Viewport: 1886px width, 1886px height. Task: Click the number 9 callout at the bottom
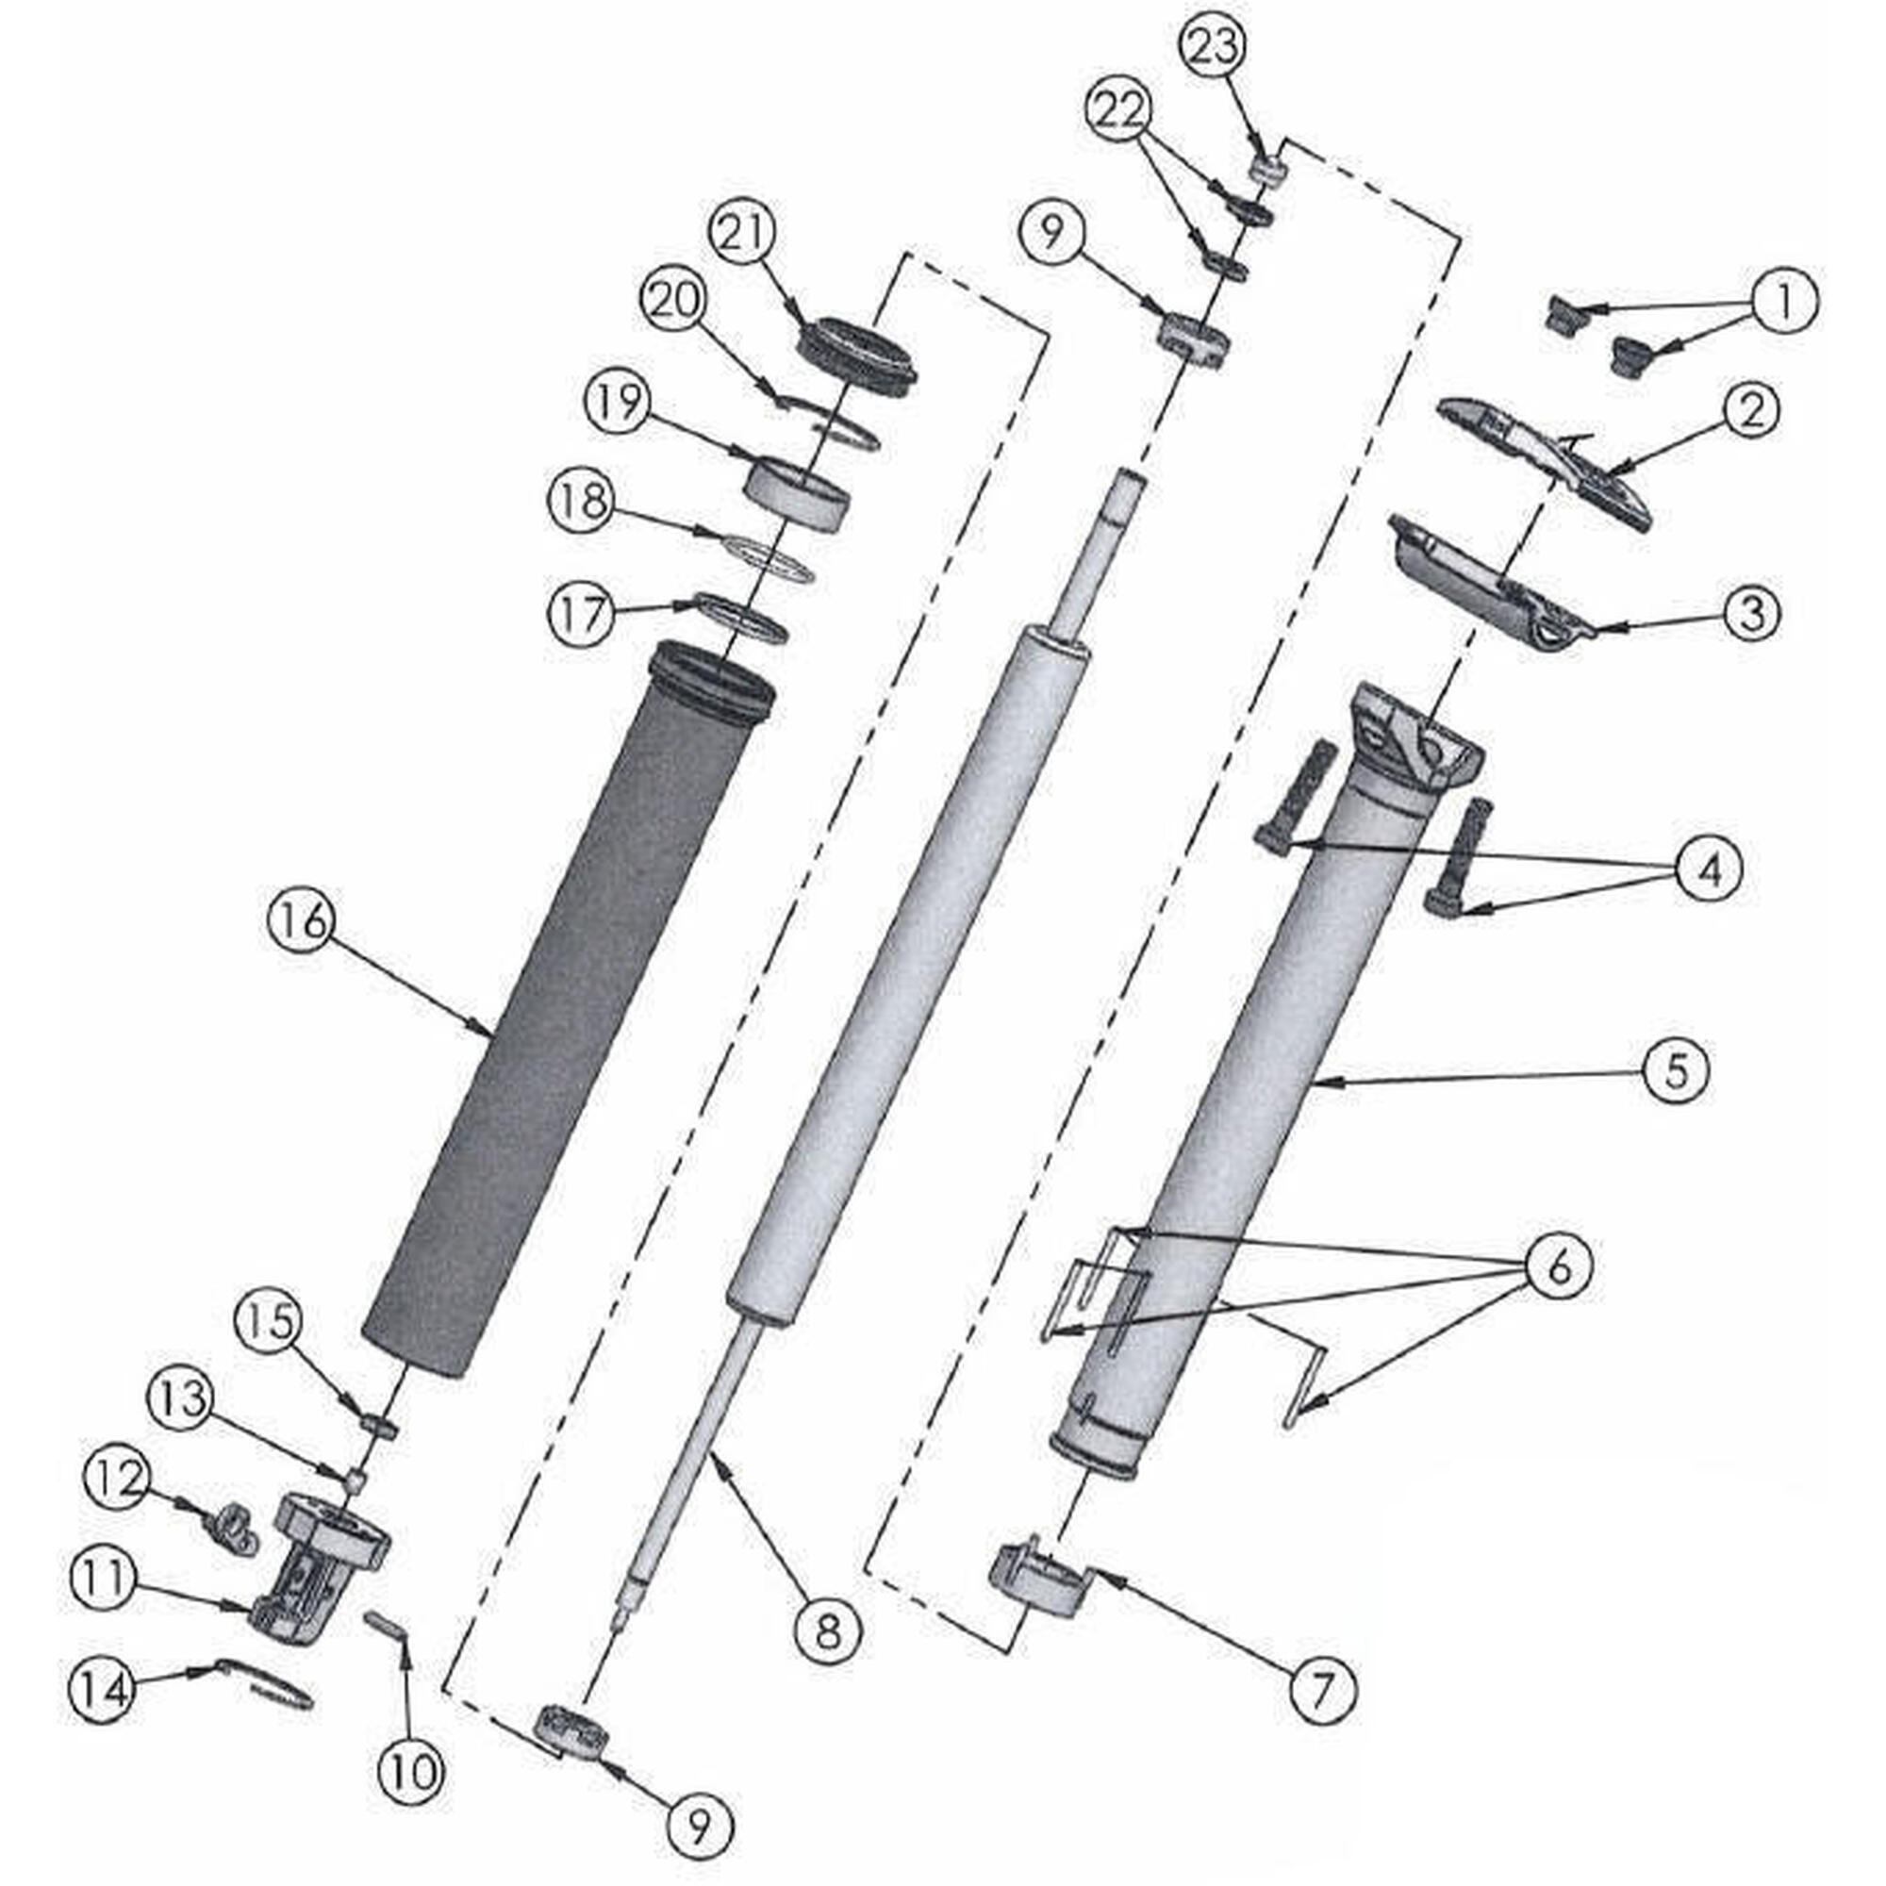[x=698, y=1828]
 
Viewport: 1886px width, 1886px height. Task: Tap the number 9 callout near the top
[x=1051, y=233]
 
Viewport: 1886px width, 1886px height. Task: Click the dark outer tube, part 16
[x=566, y=1016]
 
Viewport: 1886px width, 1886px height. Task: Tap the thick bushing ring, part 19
[x=798, y=495]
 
